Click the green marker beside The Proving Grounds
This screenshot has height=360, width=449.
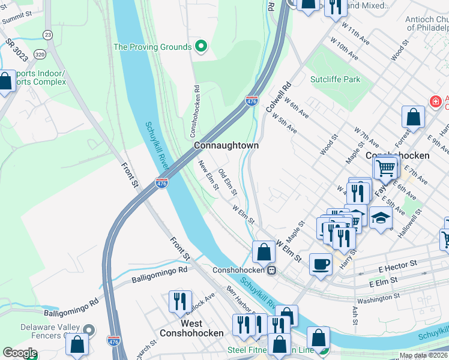tap(201, 47)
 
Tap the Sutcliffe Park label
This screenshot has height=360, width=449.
tap(335, 79)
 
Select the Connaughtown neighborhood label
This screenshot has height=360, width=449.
tap(226, 146)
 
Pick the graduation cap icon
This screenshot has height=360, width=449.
tap(381, 218)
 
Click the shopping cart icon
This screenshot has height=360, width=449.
tap(386, 167)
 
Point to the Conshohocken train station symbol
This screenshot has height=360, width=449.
tap(272, 270)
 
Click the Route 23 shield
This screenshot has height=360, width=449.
tap(47, 35)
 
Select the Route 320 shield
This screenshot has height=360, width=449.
tap(40, 53)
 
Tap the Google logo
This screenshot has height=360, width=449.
tap(19, 353)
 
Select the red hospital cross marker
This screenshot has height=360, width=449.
tap(435, 102)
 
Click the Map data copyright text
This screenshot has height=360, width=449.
tap(423, 355)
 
